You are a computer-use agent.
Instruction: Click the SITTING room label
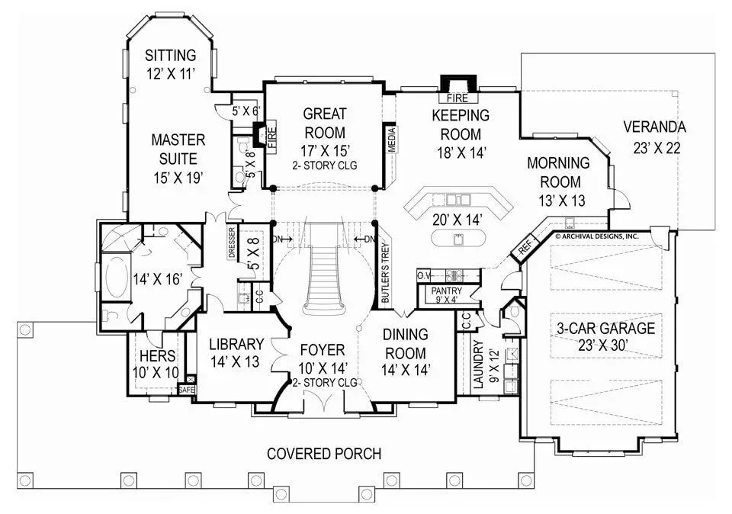[170, 55]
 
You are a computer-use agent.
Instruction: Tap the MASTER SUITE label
[178, 149]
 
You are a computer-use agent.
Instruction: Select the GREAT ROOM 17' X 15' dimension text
[326, 150]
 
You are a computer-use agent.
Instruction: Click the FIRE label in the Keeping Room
[457, 98]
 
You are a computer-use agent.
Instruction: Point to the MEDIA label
[392, 140]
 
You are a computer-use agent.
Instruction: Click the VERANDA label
[654, 127]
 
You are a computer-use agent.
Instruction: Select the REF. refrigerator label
[525, 246]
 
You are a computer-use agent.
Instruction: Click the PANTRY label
[446, 291]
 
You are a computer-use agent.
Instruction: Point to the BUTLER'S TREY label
[386, 273]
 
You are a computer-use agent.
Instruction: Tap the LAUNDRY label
[478, 364]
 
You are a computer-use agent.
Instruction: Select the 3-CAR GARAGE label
[605, 328]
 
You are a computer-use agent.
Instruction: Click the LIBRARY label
[236, 344]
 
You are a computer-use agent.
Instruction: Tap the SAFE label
[186, 390]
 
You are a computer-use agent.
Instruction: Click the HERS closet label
[157, 355]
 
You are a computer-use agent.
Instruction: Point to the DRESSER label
[232, 243]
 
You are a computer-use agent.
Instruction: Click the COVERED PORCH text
[324, 453]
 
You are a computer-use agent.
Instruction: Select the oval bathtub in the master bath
[117, 278]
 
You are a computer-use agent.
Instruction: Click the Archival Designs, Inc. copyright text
[596, 236]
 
